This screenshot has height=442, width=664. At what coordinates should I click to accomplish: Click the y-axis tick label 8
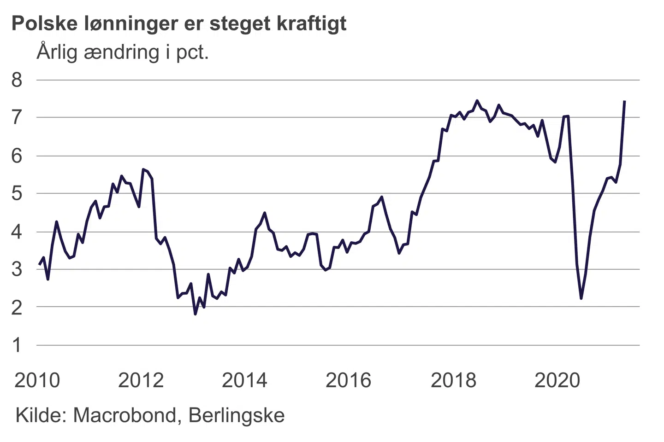click(17, 80)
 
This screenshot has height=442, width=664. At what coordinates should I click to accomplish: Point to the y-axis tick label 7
click(17, 118)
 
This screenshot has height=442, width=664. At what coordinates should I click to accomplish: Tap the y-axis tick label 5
click(17, 193)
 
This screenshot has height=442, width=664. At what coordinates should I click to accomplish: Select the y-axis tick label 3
click(17, 269)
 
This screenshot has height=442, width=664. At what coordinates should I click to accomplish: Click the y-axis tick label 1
click(17, 345)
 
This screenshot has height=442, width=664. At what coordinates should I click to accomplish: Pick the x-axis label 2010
click(37, 380)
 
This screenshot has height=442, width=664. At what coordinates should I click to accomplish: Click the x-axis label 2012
click(141, 380)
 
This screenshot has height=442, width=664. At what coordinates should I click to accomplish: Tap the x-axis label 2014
click(245, 380)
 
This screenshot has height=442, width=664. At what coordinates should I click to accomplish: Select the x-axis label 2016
click(349, 380)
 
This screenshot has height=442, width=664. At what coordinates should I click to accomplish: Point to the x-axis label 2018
click(453, 380)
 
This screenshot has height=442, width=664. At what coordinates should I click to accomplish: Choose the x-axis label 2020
click(557, 380)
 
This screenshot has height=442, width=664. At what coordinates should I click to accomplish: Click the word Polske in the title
click(45, 23)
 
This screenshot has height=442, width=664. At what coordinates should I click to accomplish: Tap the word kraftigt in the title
click(312, 23)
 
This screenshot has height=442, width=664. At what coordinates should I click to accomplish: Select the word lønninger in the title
click(132, 23)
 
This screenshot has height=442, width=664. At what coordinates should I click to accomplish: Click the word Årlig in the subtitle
click(57, 52)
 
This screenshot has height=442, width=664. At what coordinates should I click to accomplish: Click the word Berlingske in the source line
click(237, 415)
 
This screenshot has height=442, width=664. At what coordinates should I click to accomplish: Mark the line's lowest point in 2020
click(581, 298)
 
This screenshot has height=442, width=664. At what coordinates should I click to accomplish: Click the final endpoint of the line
click(624, 101)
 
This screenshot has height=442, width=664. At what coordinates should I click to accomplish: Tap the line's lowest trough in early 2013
click(196, 314)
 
